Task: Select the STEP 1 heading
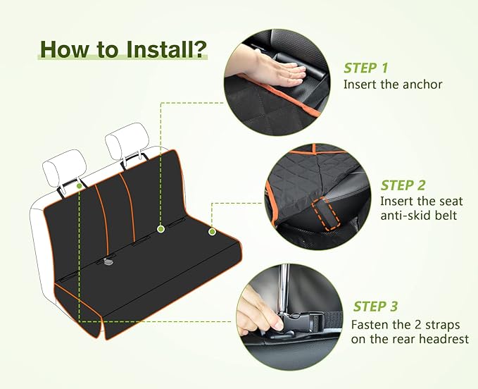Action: pyautogui.click(x=365, y=68)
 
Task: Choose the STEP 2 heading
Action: pyautogui.click(x=403, y=185)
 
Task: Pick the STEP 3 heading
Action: pyautogui.click(x=375, y=307)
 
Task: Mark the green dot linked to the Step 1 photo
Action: pyautogui.click(x=161, y=229)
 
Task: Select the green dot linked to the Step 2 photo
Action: pyautogui.click(x=212, y=231)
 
